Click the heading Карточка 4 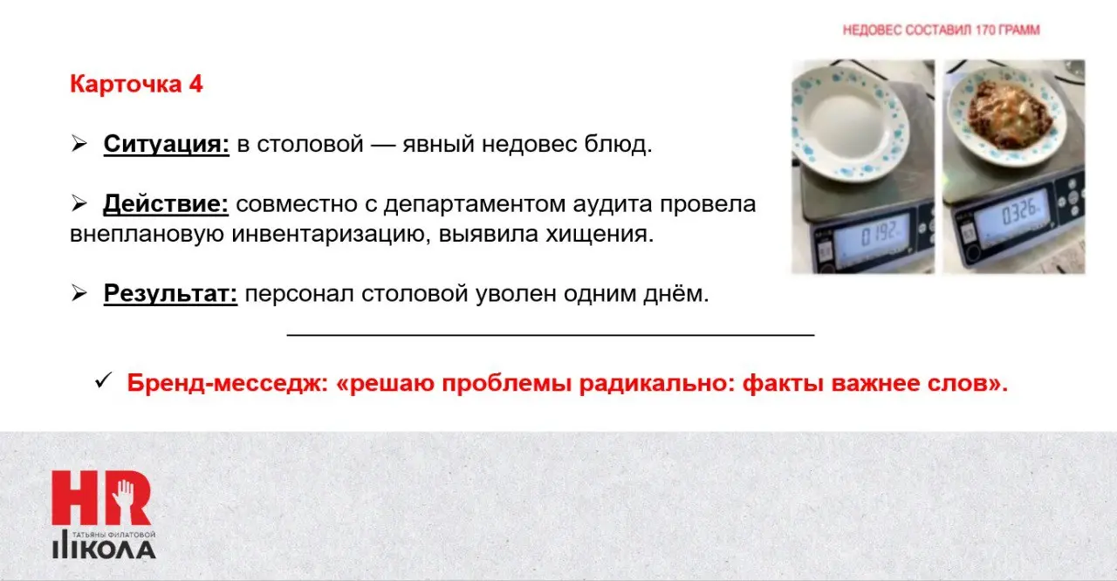[136, 85]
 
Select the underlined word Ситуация [166, 145]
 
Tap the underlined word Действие [166, 205]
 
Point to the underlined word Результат [171, 294]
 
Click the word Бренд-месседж [226, 384]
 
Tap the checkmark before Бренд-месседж [103, 381]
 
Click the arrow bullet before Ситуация [79, 144]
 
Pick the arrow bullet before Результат [79, 293]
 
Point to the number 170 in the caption [991, 31]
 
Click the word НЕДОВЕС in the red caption [870, 31]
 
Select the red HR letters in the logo [100, 498]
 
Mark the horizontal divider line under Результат [550, 334]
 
